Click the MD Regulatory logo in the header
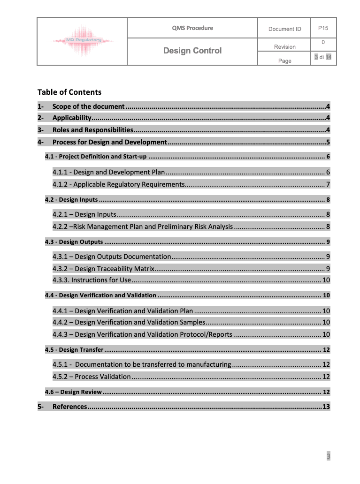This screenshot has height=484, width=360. tap(83, 42)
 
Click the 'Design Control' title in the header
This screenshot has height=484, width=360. tap(192, 51)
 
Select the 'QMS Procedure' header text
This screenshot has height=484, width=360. tap(192, 28)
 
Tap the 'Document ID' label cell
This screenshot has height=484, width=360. tap(284, 29)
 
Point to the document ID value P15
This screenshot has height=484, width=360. tap(323, 28)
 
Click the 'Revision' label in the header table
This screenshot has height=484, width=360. tap(285, 47)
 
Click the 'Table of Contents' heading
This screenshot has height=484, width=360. tap(69, 92)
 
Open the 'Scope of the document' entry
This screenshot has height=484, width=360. tap(89, 106)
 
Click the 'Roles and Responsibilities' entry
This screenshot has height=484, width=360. tap(93, 130)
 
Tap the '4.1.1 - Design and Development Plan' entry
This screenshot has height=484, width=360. tap(109, 172)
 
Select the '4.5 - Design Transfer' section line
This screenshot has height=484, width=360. tap(74, 350)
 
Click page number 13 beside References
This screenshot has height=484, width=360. tap(326, 407)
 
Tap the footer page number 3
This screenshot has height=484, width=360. tap(329, 456)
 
